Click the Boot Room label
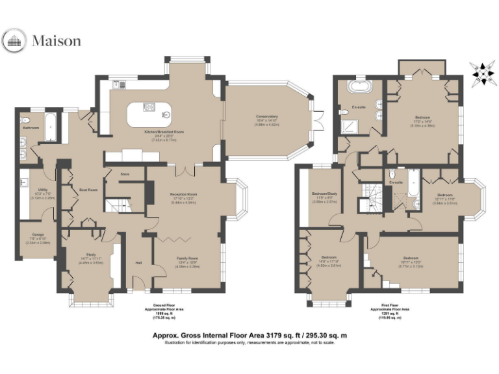pyautogui.click(x=88, y=190)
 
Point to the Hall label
pyautogui.click(x=138, y=263)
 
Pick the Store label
pyautogui.click(x=125, y=174)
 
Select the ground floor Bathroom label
pyautogui.click(x=31, y=128)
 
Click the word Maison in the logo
pyautogui.click(x=57, y=42)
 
